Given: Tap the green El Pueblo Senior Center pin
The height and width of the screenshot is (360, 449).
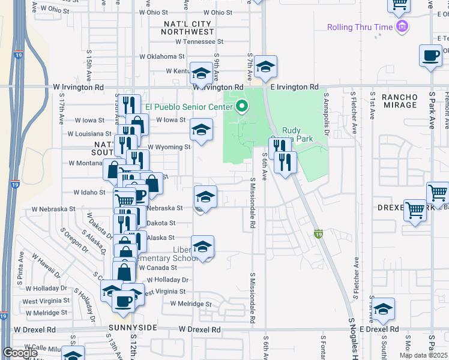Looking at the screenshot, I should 242,107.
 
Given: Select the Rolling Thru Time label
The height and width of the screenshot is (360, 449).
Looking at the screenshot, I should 359,27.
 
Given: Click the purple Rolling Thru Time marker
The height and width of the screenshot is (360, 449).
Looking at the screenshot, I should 402,26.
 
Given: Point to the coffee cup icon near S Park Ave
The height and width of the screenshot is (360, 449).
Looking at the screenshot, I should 430,56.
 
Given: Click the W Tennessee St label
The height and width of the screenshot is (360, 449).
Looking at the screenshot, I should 199,42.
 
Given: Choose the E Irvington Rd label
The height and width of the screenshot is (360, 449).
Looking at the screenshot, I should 294,88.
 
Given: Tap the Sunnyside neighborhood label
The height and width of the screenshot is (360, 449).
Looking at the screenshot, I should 133,328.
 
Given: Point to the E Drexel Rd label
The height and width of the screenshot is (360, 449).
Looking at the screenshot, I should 375,329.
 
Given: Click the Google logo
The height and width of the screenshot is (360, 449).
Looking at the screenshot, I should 20,353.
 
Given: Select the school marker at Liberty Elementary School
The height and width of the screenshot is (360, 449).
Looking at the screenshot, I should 202,246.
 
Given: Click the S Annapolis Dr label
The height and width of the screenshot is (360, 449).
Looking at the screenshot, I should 327,114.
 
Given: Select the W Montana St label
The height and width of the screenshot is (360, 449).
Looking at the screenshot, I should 89,163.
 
